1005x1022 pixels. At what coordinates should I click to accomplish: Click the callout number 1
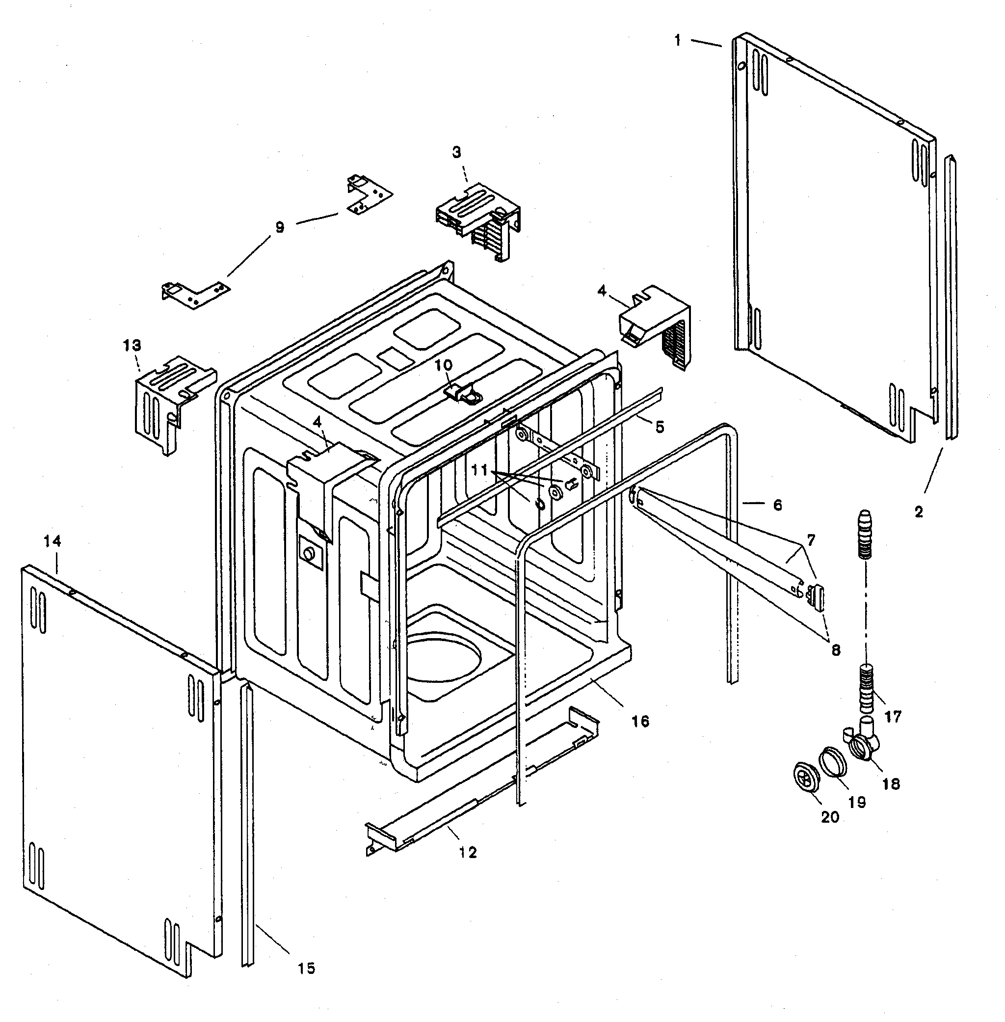coord(678,40)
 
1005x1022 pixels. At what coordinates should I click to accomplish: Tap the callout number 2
coord(919,511)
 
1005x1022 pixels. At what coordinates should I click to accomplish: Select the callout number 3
coord(456,152)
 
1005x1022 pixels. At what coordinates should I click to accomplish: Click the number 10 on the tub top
coord(444,365)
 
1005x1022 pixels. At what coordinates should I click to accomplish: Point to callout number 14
coord(52,540)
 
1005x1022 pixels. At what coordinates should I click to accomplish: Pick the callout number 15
coord(306,968)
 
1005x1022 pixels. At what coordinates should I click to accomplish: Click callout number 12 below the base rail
coord(468,852)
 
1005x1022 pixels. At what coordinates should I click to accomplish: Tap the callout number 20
coord(830,817)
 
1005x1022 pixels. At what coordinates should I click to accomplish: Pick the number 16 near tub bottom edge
coord(640,721)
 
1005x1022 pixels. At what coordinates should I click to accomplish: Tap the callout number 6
coord(777,505)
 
